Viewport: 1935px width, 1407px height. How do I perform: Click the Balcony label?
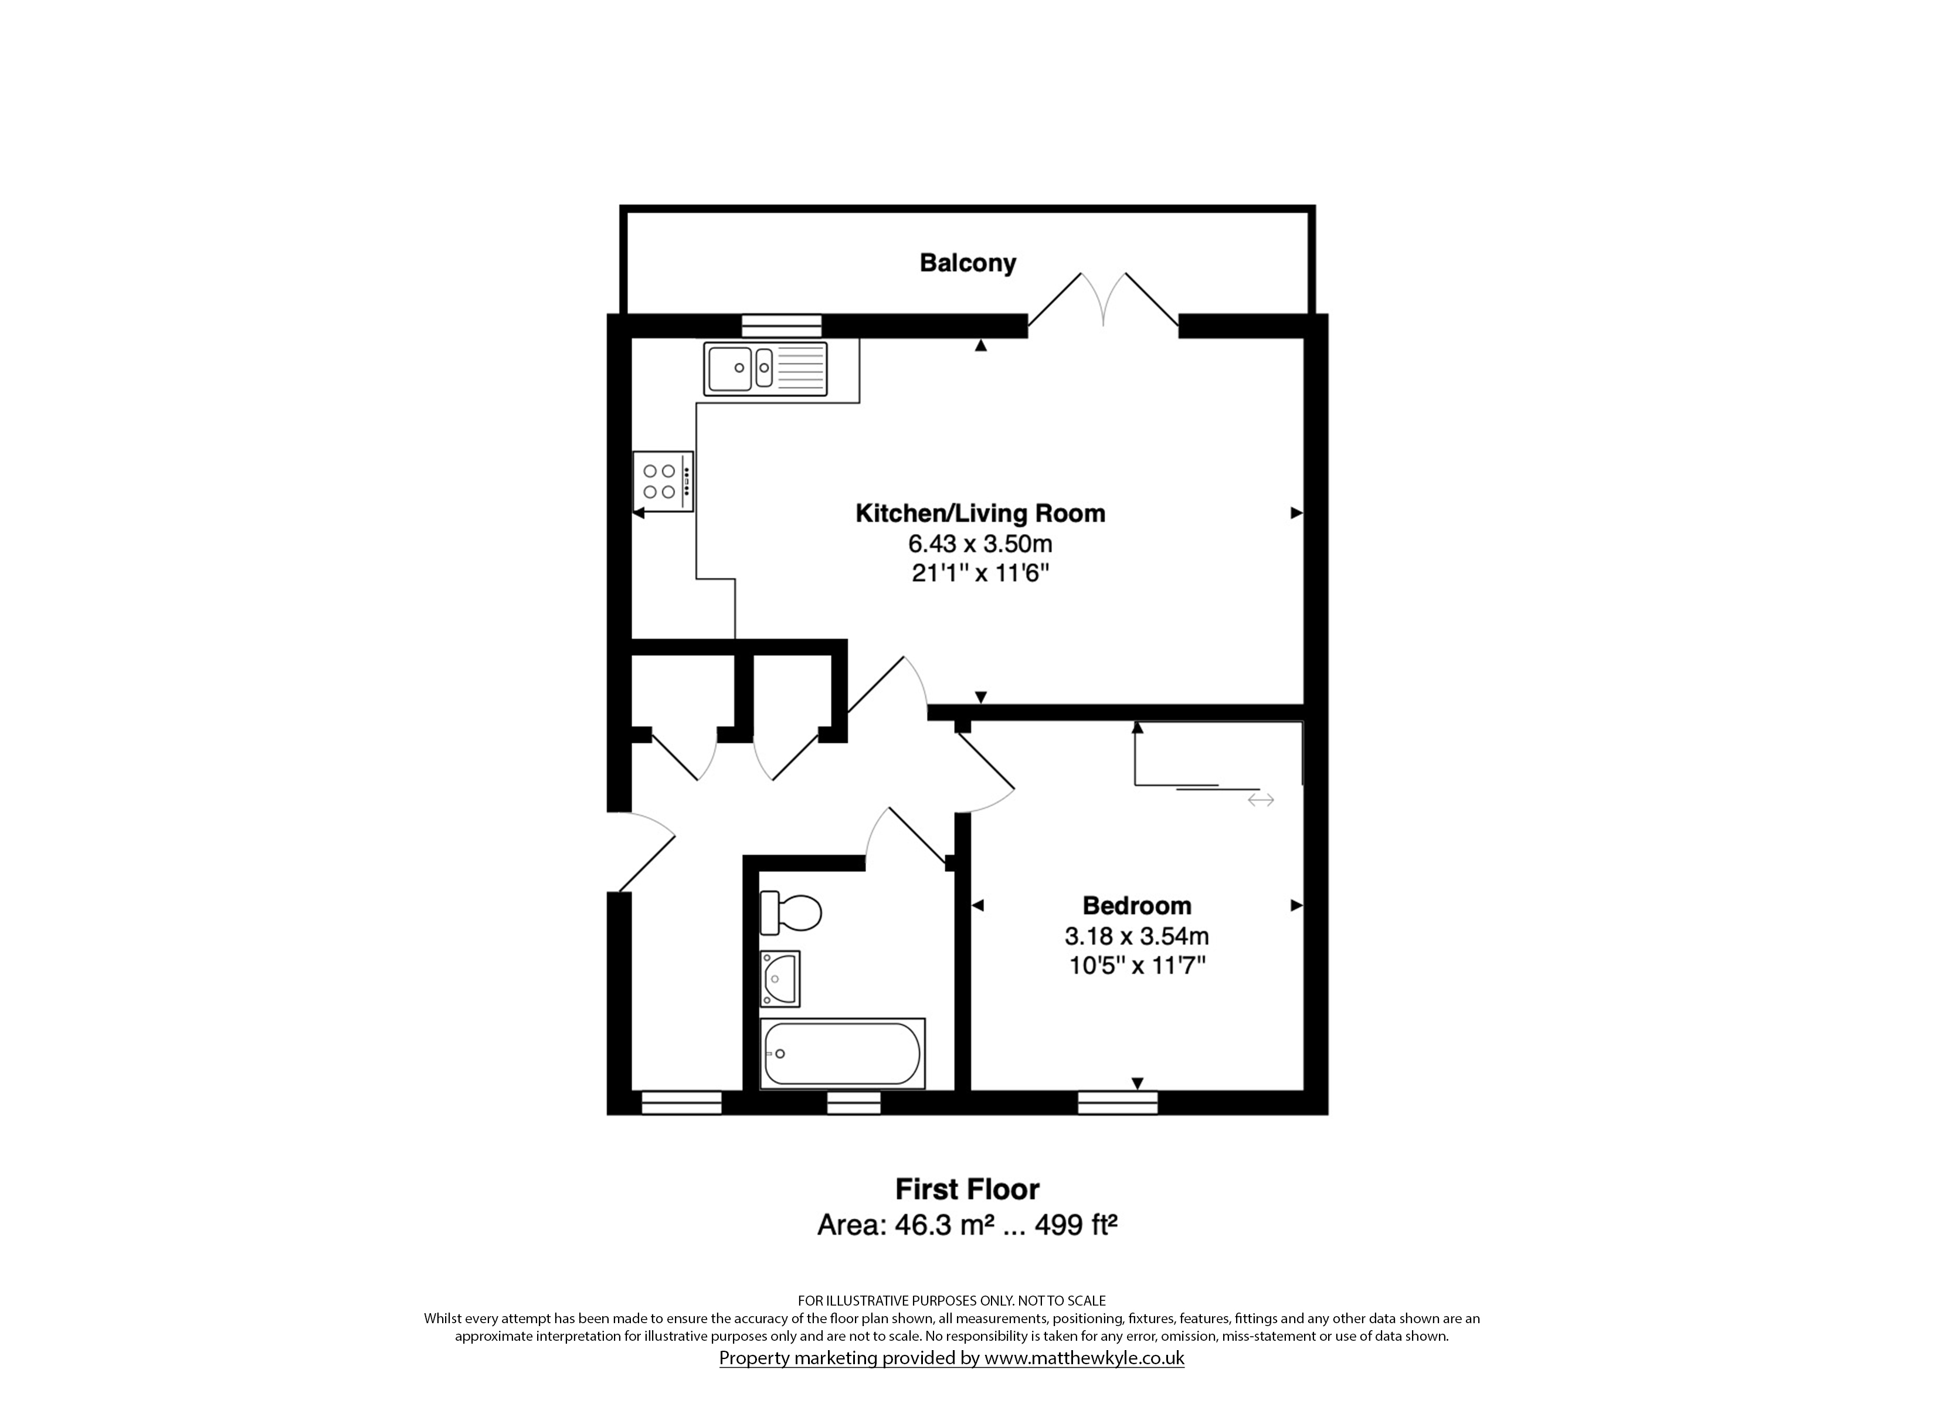pyautogui.click(x=967, y=263)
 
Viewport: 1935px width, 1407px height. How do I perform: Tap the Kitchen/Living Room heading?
pyautogui.click(x=980, y=514)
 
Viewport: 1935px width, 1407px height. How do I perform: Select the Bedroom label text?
pyautogui.click(x=1136, y=905)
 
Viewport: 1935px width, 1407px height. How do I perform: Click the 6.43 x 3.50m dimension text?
pyautogui.click(x=980, y=543)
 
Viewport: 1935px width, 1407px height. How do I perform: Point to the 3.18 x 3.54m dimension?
pyautogui.click(x=1136, y=936)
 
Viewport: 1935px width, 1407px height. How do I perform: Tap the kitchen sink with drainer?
pyautogui.click(x=765, y=369)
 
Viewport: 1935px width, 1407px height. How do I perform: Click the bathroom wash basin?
pyautogui.click(x=780, y=978)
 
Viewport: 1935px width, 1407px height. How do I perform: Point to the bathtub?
pyautogui.click(x=842, y=1053)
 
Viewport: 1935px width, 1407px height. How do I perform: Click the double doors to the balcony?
pyautogui.click(x=1103, y=300)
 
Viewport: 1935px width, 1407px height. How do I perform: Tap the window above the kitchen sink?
pyautogui.click(x=782, y=326)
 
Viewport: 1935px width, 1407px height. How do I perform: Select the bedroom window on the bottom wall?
pyautogui.click(x=1118, y=1103)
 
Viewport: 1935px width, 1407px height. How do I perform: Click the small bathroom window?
pyautogui.click(x=854, y=1103)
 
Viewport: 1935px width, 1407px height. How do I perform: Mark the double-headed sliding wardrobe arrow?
pyautogui.click(x=1261, y=800)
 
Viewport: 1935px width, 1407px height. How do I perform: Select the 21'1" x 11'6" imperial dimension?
pyautogui.click(x=980, y=573)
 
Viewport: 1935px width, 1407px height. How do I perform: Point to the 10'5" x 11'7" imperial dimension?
pyautogui.click(x=1136, y=966)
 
